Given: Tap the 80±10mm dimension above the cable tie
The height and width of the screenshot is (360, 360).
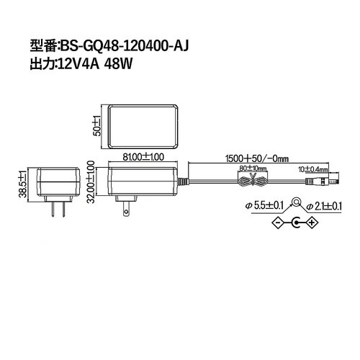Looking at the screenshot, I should [x=253, y=168].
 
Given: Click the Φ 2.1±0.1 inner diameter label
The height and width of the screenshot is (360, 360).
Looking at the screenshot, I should [x=323, y=206].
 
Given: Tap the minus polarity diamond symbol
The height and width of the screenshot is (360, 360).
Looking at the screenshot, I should [x=276, y=224].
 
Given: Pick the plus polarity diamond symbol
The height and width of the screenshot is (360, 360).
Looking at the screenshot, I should [x=312, y=224].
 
